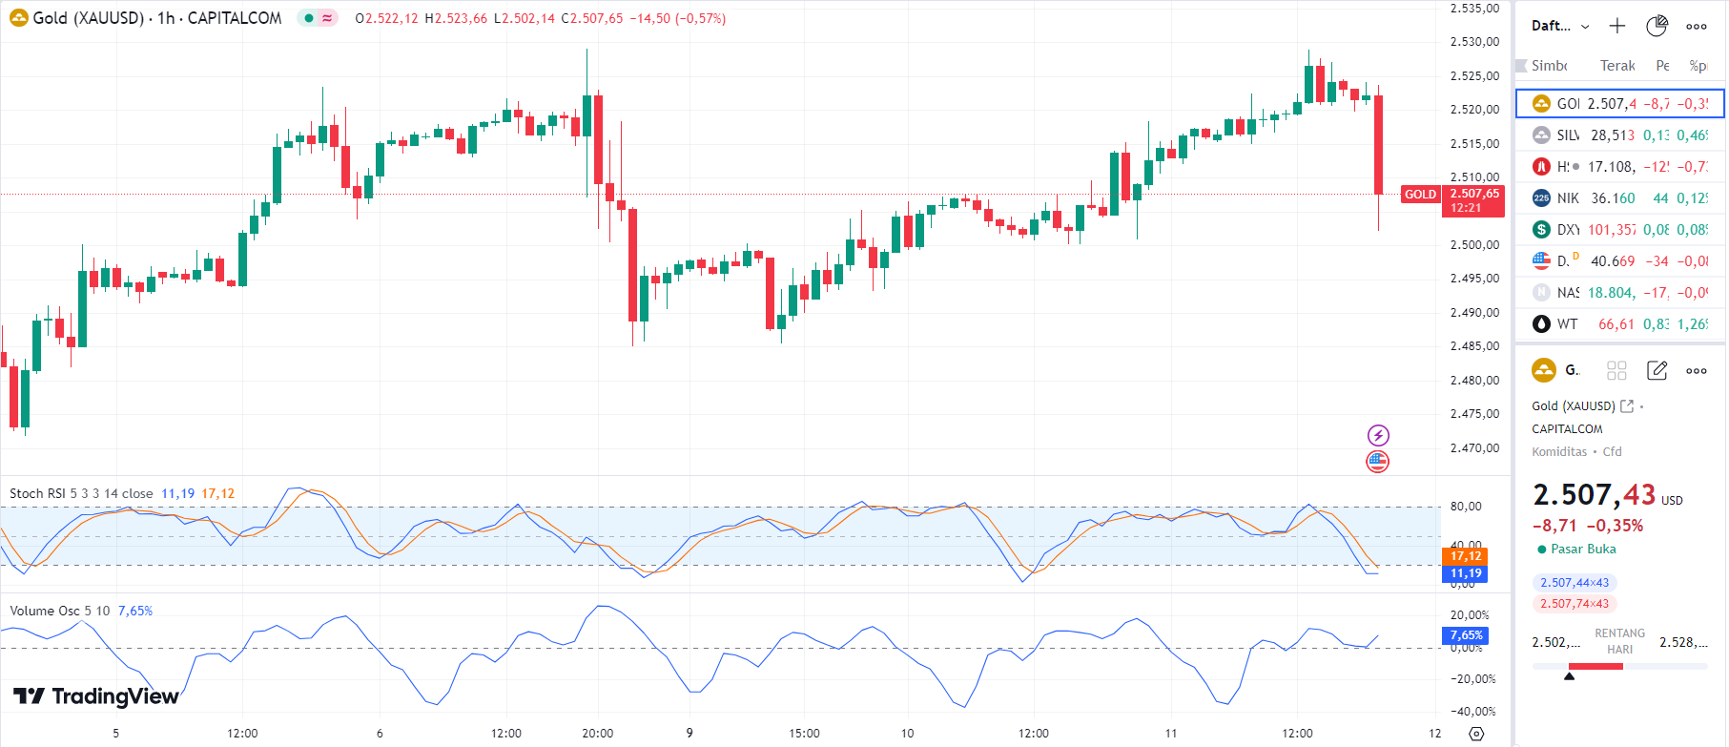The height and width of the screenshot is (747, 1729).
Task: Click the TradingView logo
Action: click(96, 696)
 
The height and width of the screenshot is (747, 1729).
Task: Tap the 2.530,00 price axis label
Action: click(1474, 42)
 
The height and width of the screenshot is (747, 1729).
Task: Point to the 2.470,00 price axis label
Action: click(1474, 447)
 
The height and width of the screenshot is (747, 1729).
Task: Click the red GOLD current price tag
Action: click(1420, 195)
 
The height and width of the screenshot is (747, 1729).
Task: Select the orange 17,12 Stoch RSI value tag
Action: click(1466, 556)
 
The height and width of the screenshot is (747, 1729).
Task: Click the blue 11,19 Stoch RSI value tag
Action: click(1466, 573)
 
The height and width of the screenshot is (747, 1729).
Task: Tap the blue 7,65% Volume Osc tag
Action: click(1466, 635)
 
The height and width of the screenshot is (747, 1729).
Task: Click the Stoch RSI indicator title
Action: click(81, 493)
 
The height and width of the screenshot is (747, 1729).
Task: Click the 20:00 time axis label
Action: click(598, 734)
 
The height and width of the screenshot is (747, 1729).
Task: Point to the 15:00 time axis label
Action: click(804, 734)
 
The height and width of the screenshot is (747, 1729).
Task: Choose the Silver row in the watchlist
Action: click(1619, 135)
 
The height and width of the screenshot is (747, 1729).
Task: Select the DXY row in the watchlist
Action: click(1619, 229)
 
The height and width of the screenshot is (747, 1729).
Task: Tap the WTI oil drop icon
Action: click(1541, 323)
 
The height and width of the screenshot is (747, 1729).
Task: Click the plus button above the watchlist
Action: click(1617, 26)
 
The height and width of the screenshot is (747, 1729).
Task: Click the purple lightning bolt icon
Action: click(1378, 436)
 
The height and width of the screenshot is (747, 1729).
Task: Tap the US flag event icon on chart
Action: click(1378, 462)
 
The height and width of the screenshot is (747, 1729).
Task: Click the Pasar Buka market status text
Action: click(1583, 549)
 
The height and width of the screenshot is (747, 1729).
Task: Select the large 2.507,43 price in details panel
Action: click(1594, 494)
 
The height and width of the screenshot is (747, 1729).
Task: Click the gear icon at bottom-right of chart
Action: click(1476, 734)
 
